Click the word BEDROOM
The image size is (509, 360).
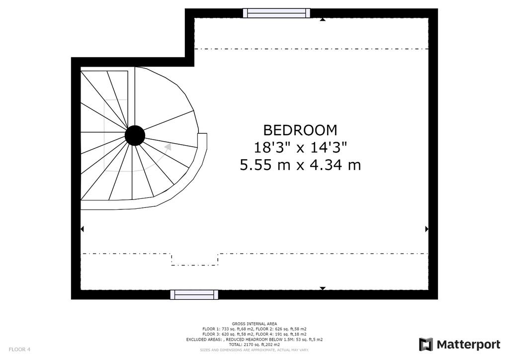pyautogui.click(x=300, y=130)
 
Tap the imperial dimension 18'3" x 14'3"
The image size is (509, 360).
pyautogui.click(x=300, y=148)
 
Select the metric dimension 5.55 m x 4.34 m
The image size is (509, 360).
pyautogui.click(x=300, y=165)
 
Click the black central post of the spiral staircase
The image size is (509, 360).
pyautogui.click(x=135, y=135)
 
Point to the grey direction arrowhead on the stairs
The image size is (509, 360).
pyautogui.click(x=168, y=147)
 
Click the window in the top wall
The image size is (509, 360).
pyautogui.click(x=276, y=13)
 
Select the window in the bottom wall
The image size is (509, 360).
pyautogui.click(x=194, y=295)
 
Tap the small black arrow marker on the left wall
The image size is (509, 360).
pyautogui.click(x=82, y=229)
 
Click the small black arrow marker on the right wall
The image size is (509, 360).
pyautogui.click(x=427, y=229)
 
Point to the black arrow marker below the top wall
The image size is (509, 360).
pyautogui.click(x=322, y=19)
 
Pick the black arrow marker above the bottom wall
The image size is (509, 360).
pyautogui.click(x=322, y=288)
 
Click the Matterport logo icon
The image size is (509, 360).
pyautogui.click(x=425, y=345)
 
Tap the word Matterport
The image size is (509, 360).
pyautogui.click(x=468, y=345)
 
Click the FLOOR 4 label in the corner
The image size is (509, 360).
pyautogui.click(x=19, y=350)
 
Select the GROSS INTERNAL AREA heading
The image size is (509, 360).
pyautogui.click(x=254, y=324)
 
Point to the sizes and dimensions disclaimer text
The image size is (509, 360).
pyautogui.click(x=254, y=350)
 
